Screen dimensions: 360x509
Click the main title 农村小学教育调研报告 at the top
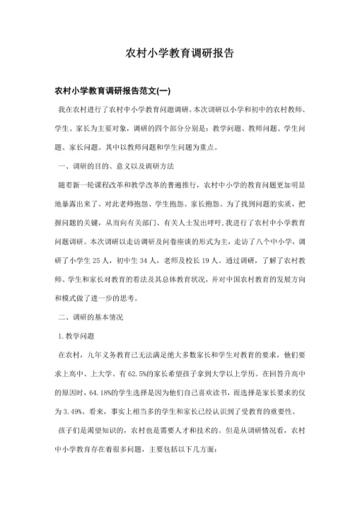coord(180,53)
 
